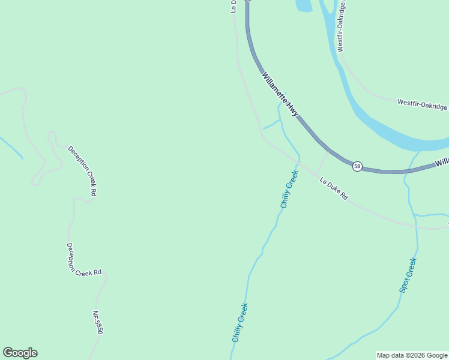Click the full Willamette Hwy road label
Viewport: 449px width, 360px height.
[280, 94]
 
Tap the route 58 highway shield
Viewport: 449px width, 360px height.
[357, 166]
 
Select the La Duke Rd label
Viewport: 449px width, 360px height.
[333, 188]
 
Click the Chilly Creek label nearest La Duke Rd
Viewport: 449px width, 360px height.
[289, 190]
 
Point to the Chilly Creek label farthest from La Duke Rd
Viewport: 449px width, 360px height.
[240, 323]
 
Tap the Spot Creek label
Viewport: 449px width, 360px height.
[408, 275]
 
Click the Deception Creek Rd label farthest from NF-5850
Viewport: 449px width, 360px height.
[82, 171]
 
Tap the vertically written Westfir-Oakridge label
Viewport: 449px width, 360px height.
[342, 26]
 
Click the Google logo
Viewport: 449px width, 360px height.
[20, 353]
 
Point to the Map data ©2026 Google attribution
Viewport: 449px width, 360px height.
[412, 355]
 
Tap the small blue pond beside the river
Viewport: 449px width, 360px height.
[303, 5]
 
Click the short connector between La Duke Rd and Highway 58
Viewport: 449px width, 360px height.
[322, 163]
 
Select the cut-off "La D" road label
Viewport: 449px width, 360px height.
[234, 6]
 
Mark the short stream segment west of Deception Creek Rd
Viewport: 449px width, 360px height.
[11, 148]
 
